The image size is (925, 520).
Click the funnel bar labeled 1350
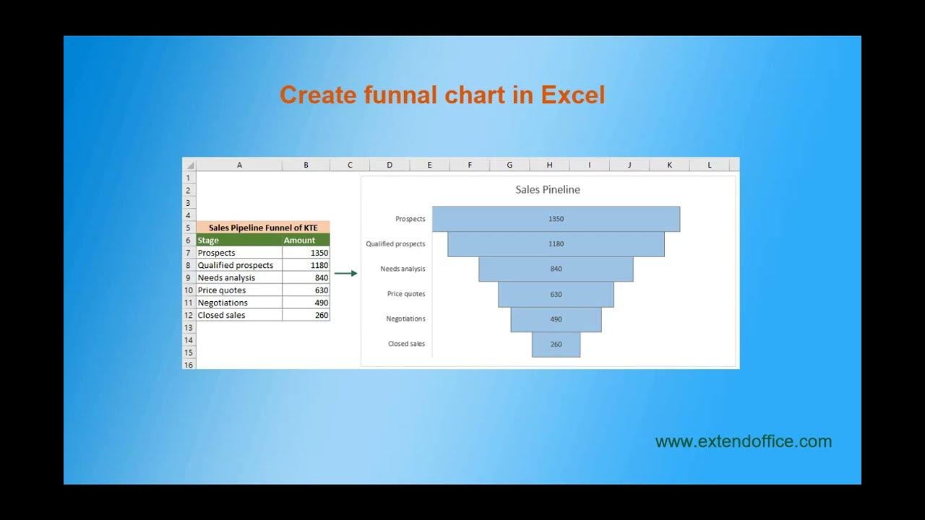(556, 219)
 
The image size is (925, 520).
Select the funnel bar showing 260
(556, 344)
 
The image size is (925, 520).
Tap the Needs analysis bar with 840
(556, 269)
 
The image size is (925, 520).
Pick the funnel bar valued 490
(556, 319)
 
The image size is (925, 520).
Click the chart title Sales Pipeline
(547, 190)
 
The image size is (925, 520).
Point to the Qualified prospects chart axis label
(395, 244)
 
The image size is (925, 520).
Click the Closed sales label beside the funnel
(406, 344)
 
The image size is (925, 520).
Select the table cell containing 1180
(306, 265)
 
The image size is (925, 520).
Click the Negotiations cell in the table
(238, 303)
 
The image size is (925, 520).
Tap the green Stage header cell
(238, 240)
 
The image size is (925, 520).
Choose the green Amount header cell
(306, 240)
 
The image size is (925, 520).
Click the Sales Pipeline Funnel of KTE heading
(263, 227)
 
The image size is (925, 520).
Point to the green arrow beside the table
(346, 273)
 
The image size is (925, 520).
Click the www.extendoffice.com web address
(743, 441)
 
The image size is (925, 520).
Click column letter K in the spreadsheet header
(669, 165)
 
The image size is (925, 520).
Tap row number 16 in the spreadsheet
(189, 365)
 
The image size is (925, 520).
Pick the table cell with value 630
(306, 290)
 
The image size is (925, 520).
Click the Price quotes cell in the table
(238, 290)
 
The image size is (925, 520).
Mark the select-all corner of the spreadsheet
(189, 165)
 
